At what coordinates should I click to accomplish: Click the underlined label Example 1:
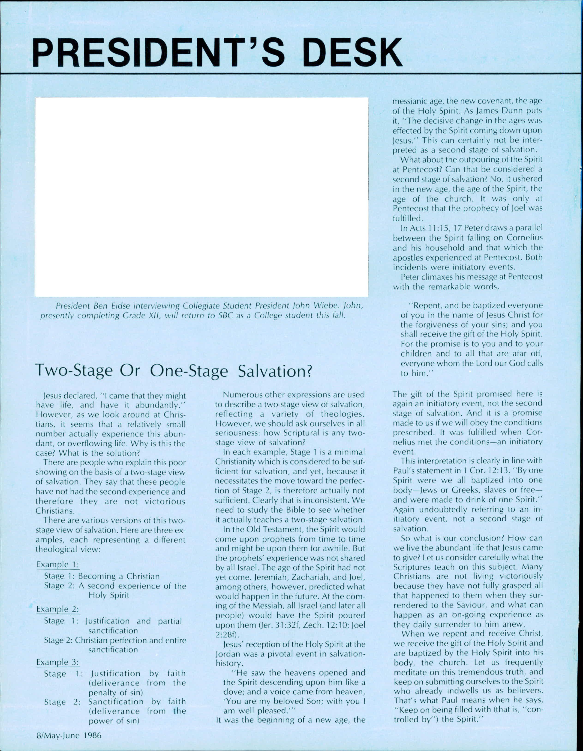point(58,565)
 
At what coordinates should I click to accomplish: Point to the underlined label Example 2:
point(58,609)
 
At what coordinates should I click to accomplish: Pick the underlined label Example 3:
point(58,662)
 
